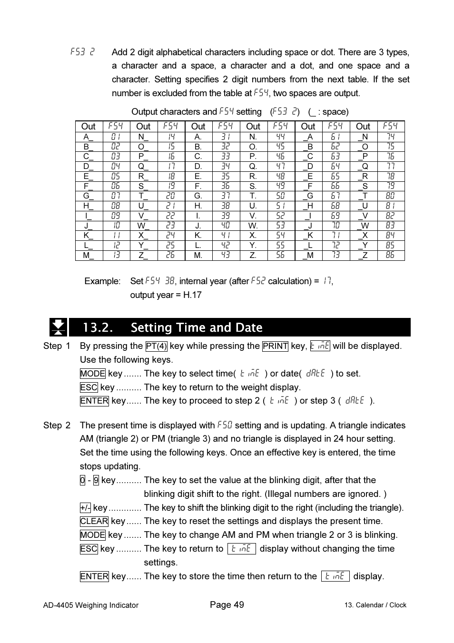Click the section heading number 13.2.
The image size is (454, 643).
(98, 327)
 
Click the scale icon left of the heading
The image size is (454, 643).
(58, 327)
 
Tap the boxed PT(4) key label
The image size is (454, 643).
(156, 346)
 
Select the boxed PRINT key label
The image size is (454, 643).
(275, 346)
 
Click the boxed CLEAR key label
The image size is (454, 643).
(94, 521)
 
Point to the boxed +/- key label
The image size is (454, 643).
(85, 508)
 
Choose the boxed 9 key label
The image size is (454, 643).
(96, 480)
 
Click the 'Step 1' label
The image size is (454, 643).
(57, 346)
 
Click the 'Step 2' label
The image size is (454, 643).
(57, 425)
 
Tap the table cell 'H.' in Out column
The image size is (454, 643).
(198, 206)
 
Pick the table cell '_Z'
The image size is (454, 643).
(363, 255)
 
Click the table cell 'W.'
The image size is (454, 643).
(253, 226)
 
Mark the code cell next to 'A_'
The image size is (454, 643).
(116, 137)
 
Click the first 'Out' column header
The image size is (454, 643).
(89, 126)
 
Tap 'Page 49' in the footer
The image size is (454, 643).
(227, 605)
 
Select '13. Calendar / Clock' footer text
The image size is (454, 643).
(375, 605)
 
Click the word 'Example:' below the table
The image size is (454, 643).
(102, 281)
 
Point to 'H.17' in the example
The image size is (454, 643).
(192, 295)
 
